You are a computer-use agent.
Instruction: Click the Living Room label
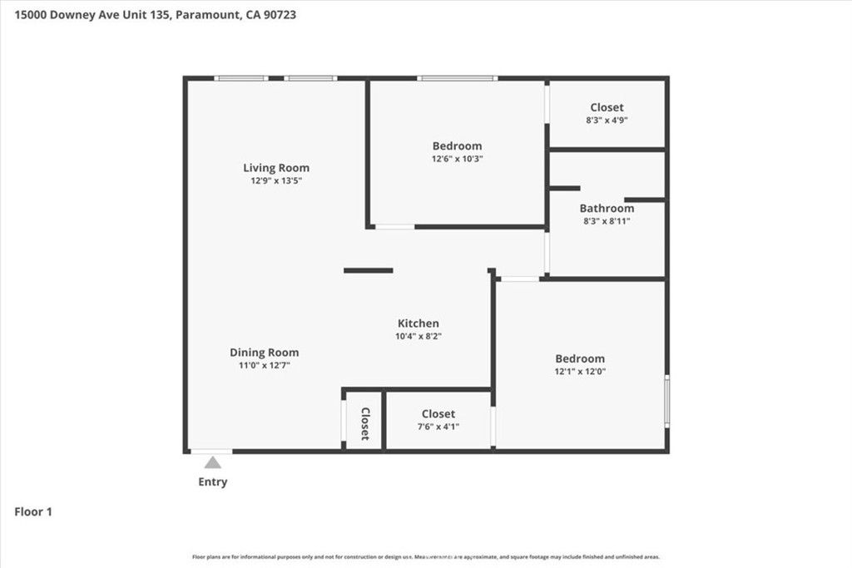275,168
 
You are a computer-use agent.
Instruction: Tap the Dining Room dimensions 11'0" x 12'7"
264,365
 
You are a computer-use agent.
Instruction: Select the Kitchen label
418,324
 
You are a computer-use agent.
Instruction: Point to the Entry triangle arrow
213,462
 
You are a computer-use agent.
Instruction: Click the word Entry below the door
212,482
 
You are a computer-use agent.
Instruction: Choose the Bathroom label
607,208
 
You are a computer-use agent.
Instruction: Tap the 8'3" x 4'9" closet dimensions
607,120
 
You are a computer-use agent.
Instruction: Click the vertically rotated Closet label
364,423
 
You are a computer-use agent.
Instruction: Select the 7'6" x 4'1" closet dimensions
438,426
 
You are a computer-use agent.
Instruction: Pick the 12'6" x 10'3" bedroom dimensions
457,158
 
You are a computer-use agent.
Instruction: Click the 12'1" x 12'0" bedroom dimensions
580,372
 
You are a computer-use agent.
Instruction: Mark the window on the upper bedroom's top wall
457,78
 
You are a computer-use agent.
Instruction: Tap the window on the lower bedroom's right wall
666,401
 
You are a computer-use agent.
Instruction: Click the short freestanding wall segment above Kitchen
369,270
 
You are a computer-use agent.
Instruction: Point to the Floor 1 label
33,512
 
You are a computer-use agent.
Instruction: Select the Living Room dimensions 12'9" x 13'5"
275,180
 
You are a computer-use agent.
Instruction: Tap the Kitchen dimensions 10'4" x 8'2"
418,336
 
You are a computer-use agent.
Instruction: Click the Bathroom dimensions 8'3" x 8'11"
607,220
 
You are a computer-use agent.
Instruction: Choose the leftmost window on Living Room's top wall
240,78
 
